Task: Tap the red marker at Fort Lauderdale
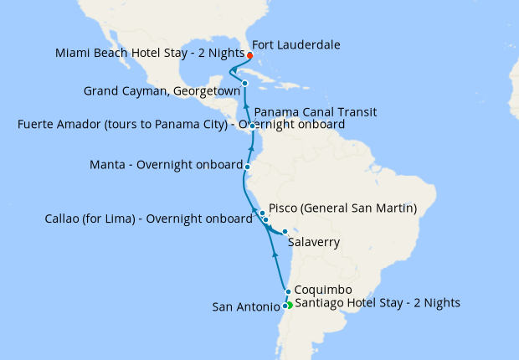[x=250, y=56]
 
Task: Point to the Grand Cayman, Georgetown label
[x=162, y=90]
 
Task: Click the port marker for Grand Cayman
[x=244, y=83]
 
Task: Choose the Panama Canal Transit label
[x=316, y=111]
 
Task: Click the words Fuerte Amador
[x=57, y=125]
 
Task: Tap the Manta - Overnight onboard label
[x=166, y=165]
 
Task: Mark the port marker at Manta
[x=248, y=167]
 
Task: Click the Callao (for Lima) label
[x=147, y=219]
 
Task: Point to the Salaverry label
[x=314, y=243]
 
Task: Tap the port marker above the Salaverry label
[x=285, y=232]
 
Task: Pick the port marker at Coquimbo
[x=288, y=292]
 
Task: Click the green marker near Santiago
[x=290, y=305]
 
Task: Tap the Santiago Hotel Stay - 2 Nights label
[x=378, y=302]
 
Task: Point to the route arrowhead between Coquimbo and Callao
[x=275, y=251]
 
